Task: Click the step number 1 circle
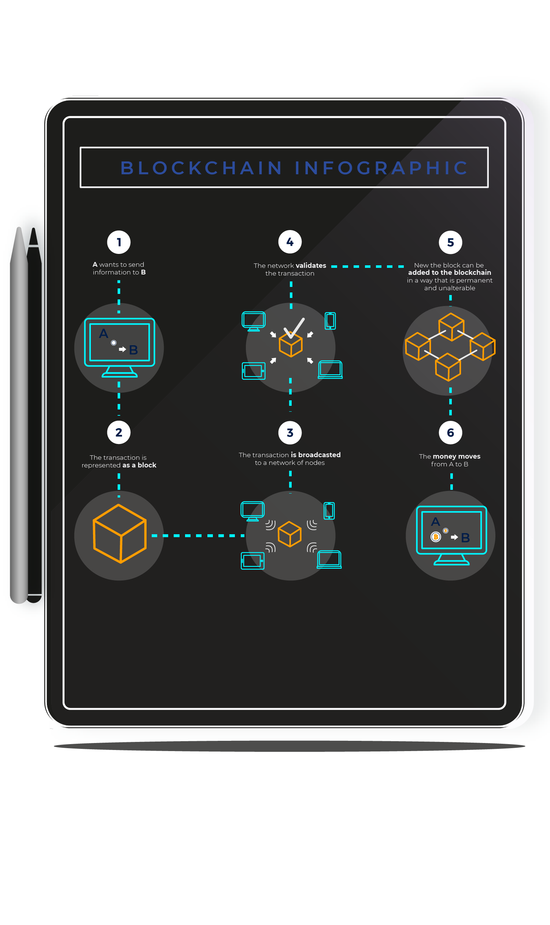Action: [119, 242]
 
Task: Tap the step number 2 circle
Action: [119, 432]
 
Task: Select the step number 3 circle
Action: [290, 433]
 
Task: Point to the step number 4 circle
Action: [290, 242]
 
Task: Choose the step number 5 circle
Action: [450, 242]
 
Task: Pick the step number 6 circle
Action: [450, 433]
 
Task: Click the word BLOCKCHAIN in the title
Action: [202, 168]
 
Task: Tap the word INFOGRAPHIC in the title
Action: [382, 168]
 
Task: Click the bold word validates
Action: [311, 266]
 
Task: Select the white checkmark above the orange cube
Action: [294, 328]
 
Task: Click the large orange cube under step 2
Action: [119, 533]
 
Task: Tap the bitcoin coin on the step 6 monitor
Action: [436, 536]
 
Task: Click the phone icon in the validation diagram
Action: [330, 321]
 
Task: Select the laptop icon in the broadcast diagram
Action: [329, 560]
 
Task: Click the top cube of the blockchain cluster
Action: [451, 327]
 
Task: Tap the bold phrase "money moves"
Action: [457, 456]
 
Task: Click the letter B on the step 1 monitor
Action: [133, 350]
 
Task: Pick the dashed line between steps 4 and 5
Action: [367, 266]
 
